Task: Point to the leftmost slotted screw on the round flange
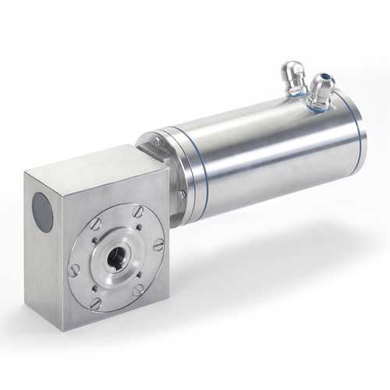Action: click(x=75, y=270)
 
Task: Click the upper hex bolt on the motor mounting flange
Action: click(x=158, y=141)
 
